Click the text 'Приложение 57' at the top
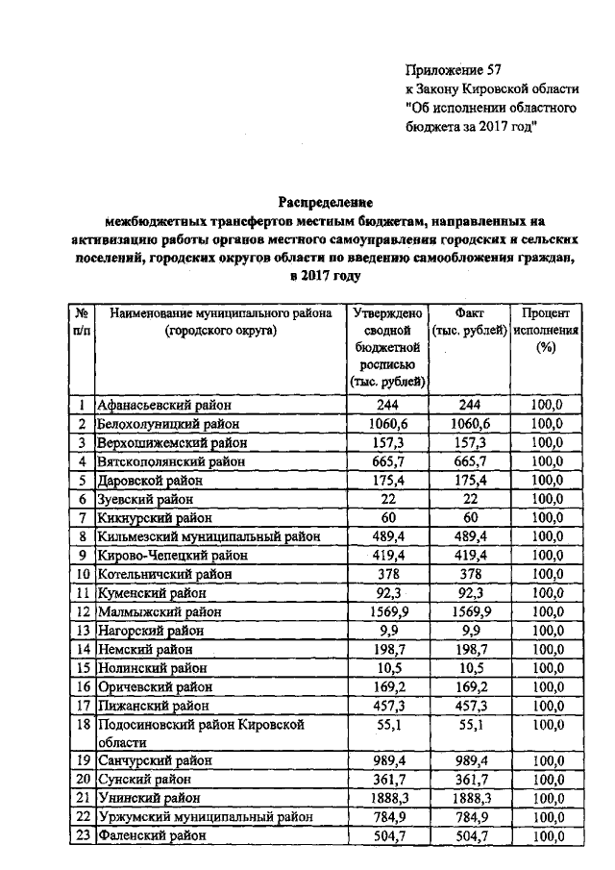(x=454, y=69)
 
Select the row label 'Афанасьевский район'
(x=164, y=406)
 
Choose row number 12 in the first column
(x=83, y=611)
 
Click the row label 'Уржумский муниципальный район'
(x=206, y=817)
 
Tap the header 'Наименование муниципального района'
(x=220, y=313)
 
